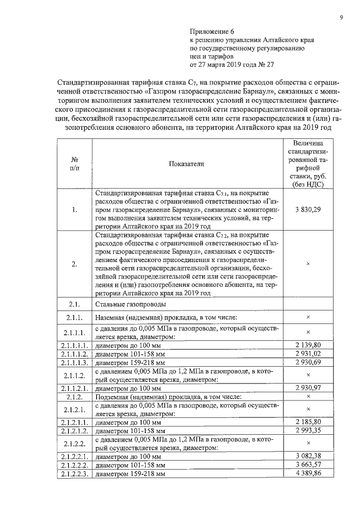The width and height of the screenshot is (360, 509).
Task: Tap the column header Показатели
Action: (x=186, y=164)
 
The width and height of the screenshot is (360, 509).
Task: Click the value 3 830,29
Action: (x=308, y=210)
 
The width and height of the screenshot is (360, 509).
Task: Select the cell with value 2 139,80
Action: (x=308, y=344)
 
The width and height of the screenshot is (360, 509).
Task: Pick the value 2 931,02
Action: (x=308, y=353)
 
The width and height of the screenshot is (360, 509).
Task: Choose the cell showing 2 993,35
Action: (x=308, y=430)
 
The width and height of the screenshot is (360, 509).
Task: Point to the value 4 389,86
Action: (x=308, y=475)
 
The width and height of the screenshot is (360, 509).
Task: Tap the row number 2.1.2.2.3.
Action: (x=74, y=475)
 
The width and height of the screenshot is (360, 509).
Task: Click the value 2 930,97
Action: (x=308, y=388)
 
